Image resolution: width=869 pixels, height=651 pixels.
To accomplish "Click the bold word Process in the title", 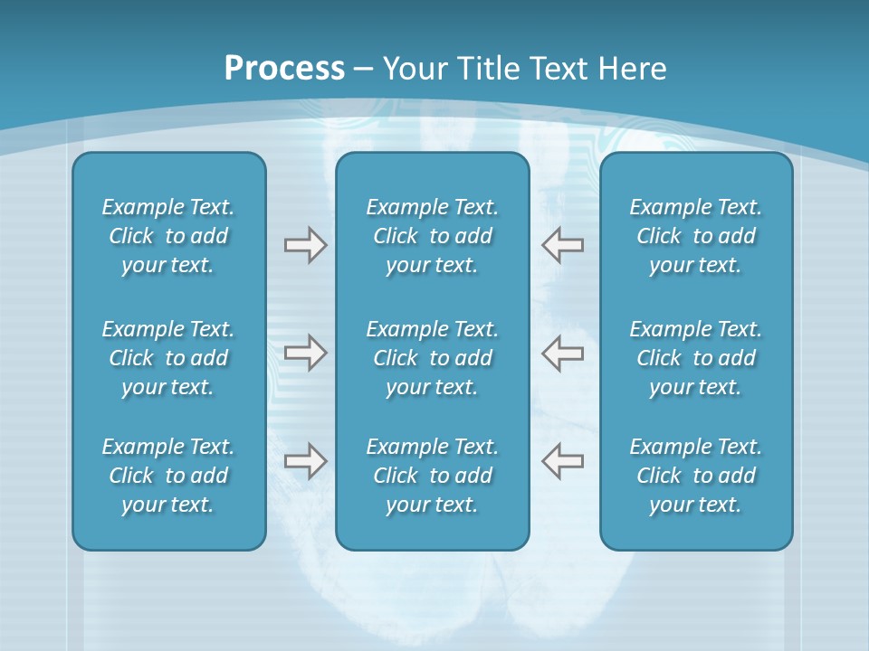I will coord(284,69).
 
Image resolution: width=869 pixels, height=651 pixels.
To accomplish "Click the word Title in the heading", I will coord(489,69).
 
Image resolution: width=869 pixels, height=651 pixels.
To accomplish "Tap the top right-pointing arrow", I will coord(305,245).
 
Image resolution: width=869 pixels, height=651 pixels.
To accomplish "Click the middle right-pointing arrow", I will coord(305,353).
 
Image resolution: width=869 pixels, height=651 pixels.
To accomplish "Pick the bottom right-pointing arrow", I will coord(305,461).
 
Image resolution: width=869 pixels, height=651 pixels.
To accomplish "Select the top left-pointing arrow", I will coord(562,245).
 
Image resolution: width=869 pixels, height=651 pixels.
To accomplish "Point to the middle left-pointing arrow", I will coord(562,353).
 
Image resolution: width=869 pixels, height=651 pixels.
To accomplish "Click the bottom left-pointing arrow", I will coord(562,461).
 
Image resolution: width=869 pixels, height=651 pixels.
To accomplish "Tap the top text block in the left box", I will coord(168,236).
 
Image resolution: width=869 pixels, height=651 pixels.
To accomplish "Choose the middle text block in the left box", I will coord(168,358).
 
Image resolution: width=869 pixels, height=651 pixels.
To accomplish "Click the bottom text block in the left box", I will coord(168,476).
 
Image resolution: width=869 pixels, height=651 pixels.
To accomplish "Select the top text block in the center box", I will coord(432,236).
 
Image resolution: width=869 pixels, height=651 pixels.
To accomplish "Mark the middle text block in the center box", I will coord(432,358).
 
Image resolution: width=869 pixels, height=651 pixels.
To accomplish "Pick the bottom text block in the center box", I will coord(432,476).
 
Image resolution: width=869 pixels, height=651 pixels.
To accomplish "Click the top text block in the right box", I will coord(695,236).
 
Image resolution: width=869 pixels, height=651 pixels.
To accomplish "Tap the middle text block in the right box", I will coord(695,358).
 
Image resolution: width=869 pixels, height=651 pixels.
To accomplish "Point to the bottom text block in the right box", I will coord(695,476).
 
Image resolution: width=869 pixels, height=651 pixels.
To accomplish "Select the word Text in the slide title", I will coord(558,69).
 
